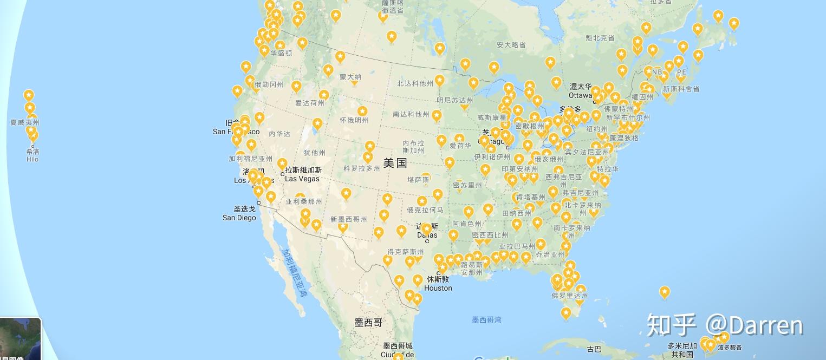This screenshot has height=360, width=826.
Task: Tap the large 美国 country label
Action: point(395,163)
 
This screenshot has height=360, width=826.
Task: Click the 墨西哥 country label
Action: point(368,323)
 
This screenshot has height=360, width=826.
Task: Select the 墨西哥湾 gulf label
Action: point(486,320)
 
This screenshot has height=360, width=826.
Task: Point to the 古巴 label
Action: point(594,349)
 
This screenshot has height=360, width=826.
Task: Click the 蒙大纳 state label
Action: point(350,77)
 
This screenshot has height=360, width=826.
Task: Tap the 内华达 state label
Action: point(279,134)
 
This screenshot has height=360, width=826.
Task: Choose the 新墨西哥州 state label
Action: point(348,219)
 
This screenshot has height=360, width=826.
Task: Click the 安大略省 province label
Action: point(511,45)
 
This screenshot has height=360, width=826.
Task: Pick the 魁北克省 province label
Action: point(600,38)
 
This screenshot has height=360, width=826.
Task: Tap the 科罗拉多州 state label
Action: point(362,168)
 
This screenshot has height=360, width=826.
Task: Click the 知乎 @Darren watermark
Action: point(725,325)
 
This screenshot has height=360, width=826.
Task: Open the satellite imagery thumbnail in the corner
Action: point(20,339)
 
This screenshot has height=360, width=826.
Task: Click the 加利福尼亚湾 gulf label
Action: point(294,273)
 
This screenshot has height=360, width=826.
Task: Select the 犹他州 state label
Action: point(315,153)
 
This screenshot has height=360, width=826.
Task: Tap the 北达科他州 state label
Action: point(415,83)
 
